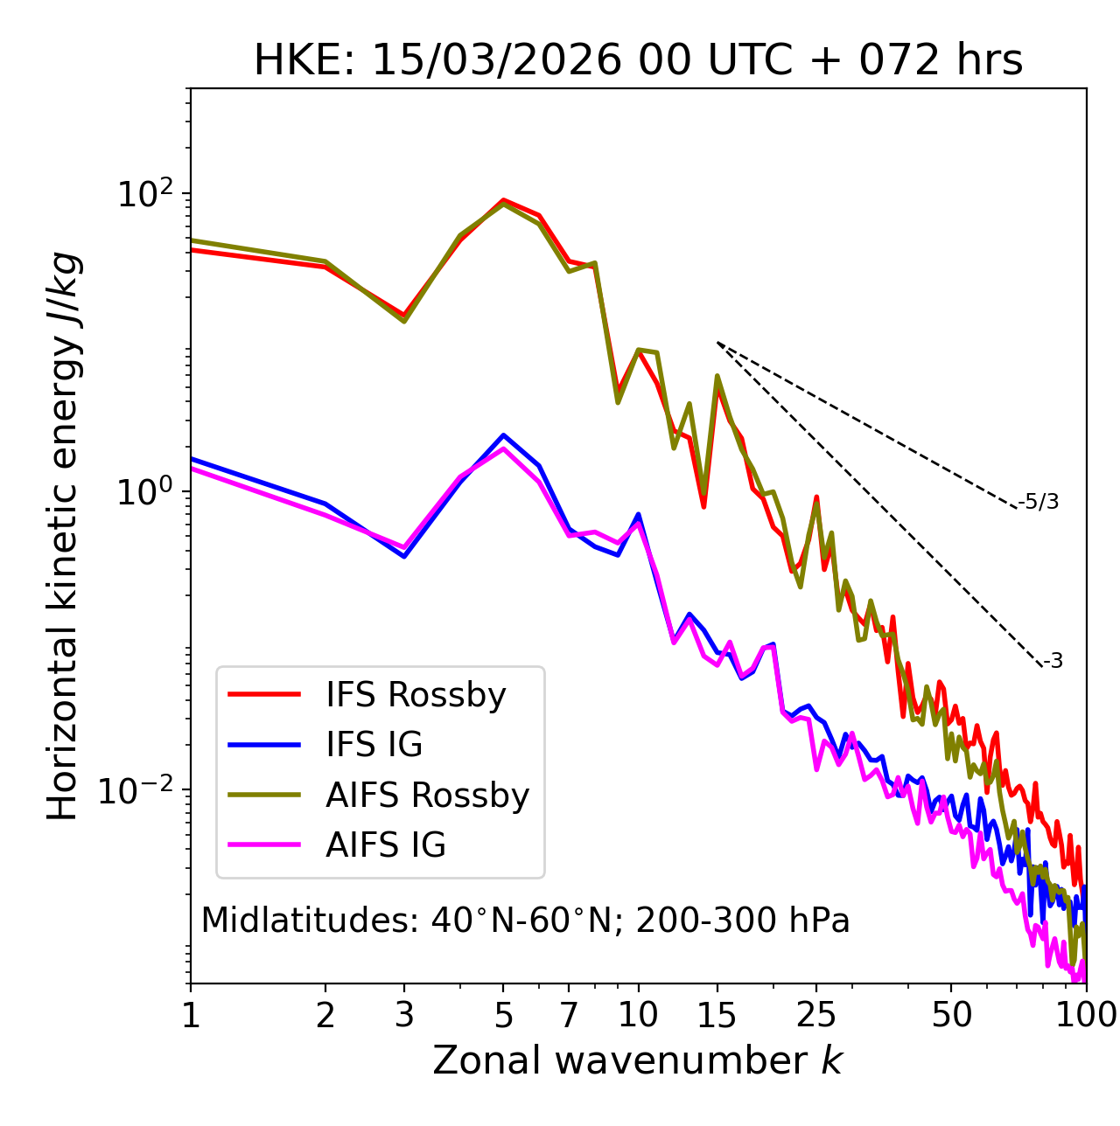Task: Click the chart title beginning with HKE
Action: coord(638,61)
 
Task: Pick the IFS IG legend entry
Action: coord(374,745)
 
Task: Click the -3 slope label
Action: coord(1053,662)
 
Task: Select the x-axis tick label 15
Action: coord(717,1015)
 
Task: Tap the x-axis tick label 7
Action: coord(570,1015)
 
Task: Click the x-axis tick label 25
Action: coord(816,1015)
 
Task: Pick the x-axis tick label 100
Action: coord(1086,1015)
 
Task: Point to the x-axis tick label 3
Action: coord(404,1015)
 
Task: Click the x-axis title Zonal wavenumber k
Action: coord(638,1060)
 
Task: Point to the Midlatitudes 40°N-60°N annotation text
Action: coord(525,921)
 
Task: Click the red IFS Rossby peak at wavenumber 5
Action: coord(503,200)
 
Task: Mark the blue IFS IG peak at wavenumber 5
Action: coord(503,434)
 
